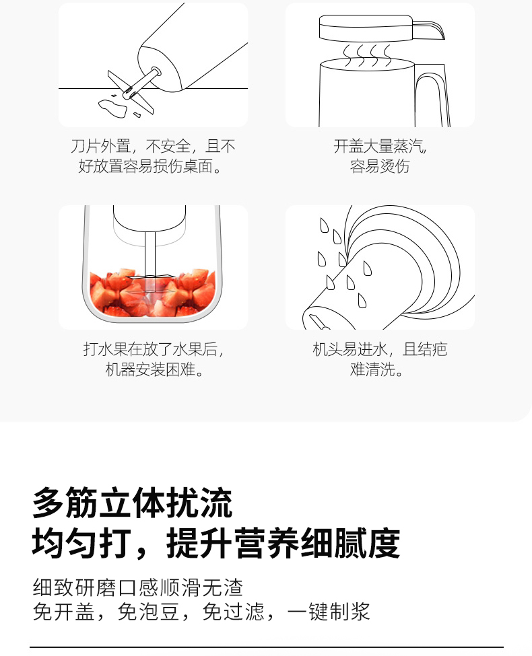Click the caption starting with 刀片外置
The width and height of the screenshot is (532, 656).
(153, 156)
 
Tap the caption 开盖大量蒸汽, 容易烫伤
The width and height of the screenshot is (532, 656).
(380, 156)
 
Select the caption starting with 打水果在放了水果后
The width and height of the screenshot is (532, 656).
(154, 359)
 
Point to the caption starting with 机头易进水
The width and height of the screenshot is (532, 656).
(380, 359)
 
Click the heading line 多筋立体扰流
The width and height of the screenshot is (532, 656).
(133, 503)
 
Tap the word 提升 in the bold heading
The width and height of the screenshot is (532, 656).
(199, 543)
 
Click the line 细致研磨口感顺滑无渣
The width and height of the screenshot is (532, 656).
(138, 587)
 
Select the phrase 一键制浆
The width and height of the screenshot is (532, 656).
(329, 612)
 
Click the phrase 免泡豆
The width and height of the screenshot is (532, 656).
(149, 612)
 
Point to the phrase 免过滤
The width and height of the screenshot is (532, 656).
(233, 612)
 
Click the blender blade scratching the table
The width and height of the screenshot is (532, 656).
(131, 92)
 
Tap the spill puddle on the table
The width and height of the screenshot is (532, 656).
(112, 107)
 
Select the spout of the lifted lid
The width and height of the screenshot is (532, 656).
(429, 30)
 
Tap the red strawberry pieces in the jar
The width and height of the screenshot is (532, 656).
(152, 293)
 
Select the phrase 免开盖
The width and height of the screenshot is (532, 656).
(64, 612)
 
